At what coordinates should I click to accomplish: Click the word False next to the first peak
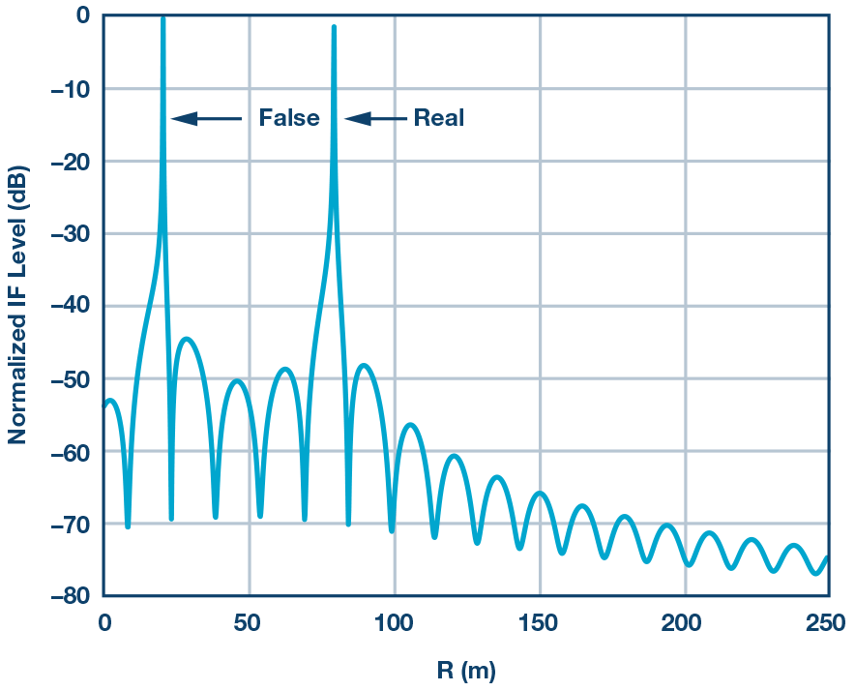click(x=288, y=118)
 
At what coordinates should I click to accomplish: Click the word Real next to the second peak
click(x=439, y=118)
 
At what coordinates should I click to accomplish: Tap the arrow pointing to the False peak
click(x=207, y=118)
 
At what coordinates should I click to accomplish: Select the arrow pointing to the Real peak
click(x=375, y=118)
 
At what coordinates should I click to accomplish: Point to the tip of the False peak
click(x=162, y=18)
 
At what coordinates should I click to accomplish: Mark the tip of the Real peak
click(x=334, y=28)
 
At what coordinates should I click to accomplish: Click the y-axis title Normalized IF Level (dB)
click(x=17, y=305)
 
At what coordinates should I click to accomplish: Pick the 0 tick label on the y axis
click(x=82, y=15)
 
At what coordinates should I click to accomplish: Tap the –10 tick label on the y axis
click(x=69, y=88)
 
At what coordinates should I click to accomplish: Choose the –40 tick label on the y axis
click(x=69, y=306)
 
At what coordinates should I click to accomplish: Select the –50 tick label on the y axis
click(x=69, y=378)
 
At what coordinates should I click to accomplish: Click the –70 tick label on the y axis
click(x=69, y=524)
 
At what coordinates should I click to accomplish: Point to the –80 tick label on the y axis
click(x=69, y=595)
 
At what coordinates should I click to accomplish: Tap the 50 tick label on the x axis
click(x=249, y=622)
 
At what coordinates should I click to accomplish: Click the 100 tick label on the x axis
click(x=394, y=622)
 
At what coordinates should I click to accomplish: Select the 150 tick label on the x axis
click(x=539, y=622)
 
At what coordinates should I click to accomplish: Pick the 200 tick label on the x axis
click(x=685, y=622)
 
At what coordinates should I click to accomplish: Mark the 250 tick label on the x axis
click(x=828, y=622)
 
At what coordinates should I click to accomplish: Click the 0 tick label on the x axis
click(x=104, y=622)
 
